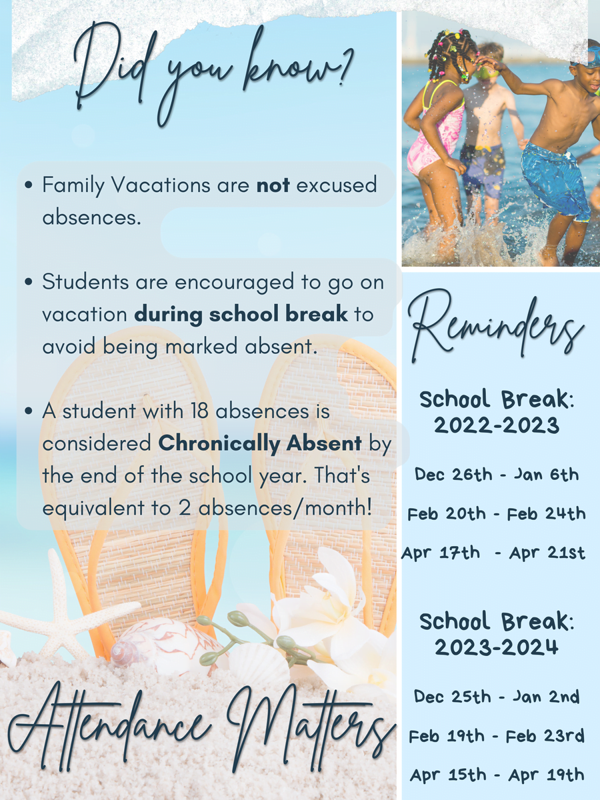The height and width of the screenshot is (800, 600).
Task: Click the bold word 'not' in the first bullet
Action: (273, 185)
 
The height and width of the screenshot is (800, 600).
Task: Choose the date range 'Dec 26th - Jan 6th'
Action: (497, 475)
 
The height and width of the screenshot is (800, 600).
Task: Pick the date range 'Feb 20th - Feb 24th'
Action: (497, 514)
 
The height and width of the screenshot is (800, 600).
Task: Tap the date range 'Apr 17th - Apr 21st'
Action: (494, 553)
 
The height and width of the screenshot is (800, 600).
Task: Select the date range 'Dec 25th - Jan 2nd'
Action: (497, 697)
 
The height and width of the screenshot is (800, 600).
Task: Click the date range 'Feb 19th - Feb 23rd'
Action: (497, 736)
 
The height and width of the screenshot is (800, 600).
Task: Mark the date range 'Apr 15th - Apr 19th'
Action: (497, 775)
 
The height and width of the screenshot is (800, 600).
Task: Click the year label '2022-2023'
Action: (497, 425)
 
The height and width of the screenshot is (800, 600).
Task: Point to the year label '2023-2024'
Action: (497, 647)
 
